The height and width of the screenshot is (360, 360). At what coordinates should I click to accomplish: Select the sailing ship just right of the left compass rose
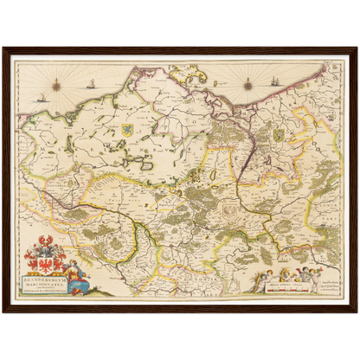coord(90,84)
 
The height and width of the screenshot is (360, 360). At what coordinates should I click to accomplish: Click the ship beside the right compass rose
coord(275,82)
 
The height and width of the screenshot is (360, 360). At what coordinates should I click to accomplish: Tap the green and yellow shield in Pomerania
coord(279,135)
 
